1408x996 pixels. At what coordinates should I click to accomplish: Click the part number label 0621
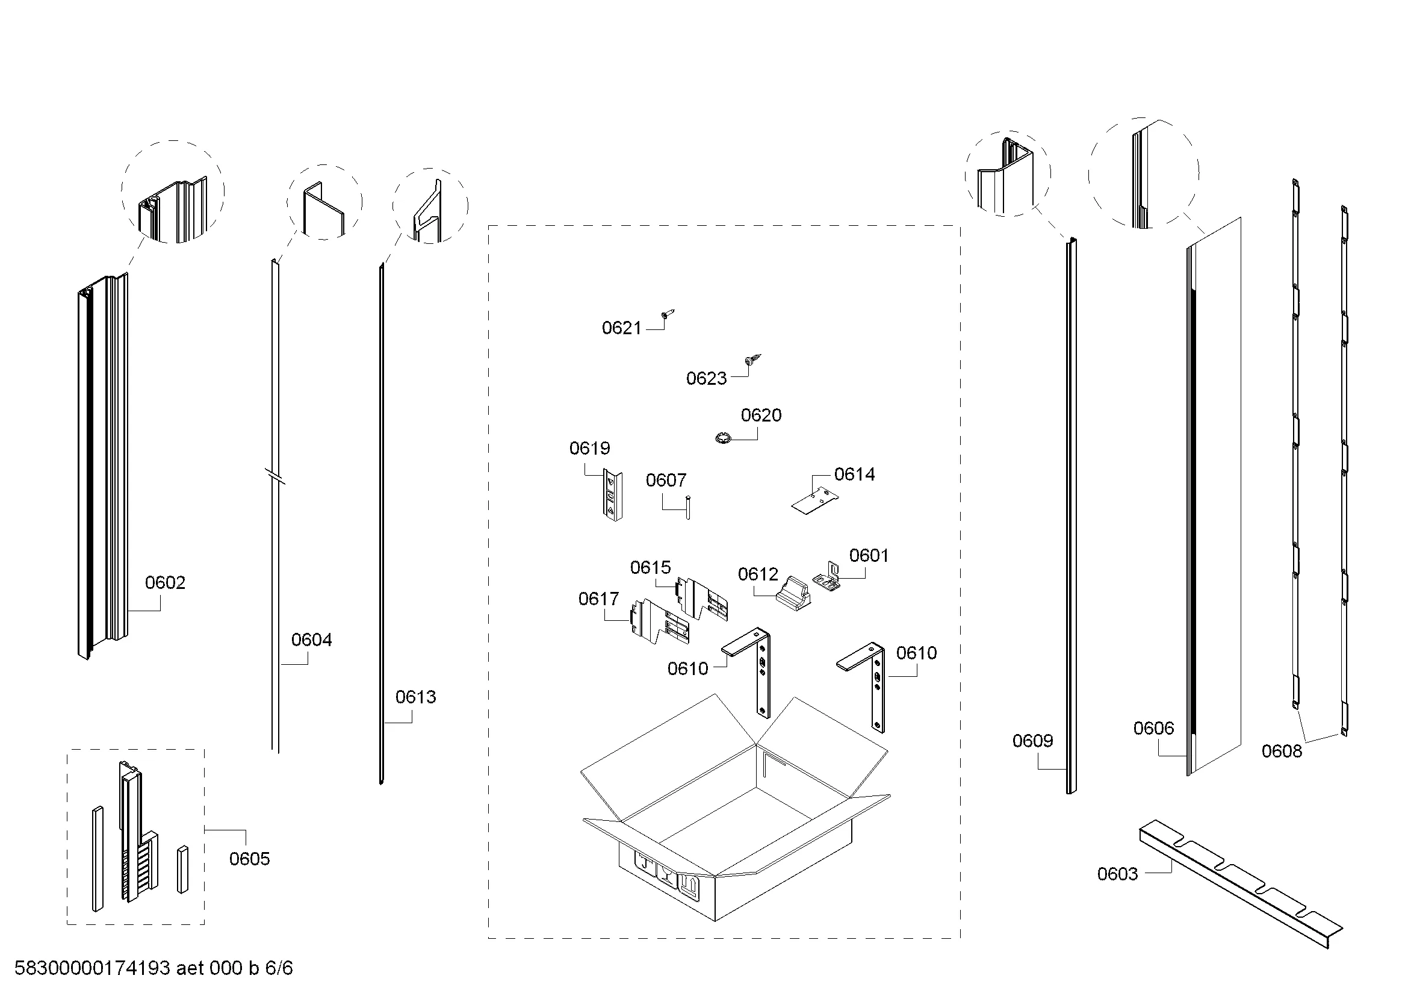621,328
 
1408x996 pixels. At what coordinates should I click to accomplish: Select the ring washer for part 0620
722,438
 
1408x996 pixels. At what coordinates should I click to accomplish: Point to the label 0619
589,449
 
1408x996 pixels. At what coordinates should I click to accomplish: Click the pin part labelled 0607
688,507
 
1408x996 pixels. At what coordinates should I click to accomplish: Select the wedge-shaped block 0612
793,593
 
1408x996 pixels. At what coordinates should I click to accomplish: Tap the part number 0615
650,567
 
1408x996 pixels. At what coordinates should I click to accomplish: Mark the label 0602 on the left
165,582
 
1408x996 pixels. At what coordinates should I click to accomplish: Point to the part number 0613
415,697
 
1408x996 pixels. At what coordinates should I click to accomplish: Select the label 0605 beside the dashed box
250,859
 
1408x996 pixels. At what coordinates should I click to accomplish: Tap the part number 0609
1033,741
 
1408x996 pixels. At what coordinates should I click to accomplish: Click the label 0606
1153,728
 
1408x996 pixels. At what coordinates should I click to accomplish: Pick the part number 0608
1282,751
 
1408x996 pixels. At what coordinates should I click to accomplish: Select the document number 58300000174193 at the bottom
92,968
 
